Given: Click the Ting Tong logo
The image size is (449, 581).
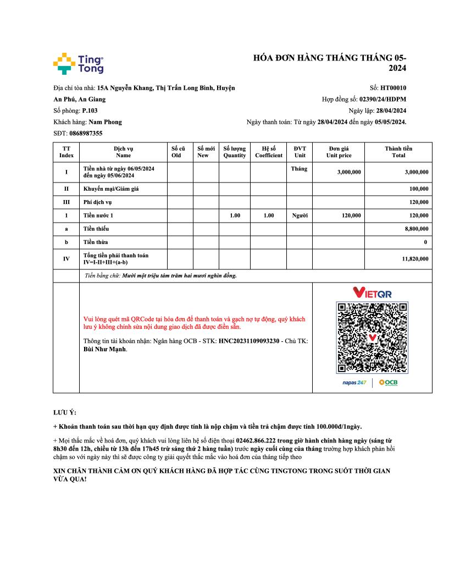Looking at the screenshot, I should [x=78, y=64].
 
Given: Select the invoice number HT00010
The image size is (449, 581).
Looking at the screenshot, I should [x=393, y=87].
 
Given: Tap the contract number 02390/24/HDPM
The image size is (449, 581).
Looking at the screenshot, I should [x=383, y=99].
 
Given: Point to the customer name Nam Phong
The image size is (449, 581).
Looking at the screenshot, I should [x=105, y=122].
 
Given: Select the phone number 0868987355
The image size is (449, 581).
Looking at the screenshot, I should [x=86, y=133].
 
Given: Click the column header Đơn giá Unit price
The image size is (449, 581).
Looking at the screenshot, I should [x=339, y=152].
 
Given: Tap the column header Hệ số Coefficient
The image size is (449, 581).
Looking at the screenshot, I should [x=269, y=152].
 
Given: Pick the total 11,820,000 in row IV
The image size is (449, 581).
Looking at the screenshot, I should [x=415, y=259].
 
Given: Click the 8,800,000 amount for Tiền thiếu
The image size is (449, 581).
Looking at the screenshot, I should [x=417, y=229].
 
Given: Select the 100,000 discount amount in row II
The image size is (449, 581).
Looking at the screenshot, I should [x=419, y=189].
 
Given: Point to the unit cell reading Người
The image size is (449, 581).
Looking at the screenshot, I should [x=300, y=215].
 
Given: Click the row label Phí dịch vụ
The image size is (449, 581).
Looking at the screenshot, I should [x=97, y=202].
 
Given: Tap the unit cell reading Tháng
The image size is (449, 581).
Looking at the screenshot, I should [x=300, y=169].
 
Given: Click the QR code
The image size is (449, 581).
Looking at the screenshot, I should [x=372, y=338].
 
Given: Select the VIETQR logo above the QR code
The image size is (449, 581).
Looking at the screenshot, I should [x=372, y=292].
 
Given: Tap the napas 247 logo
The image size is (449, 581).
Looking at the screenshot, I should [x=354, y=383].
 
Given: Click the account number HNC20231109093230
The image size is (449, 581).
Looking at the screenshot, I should [x=249, y=341].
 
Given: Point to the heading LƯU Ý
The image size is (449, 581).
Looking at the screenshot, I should [x=65, y=412].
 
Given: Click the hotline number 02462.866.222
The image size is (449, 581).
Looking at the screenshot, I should [x=261, y=441].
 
